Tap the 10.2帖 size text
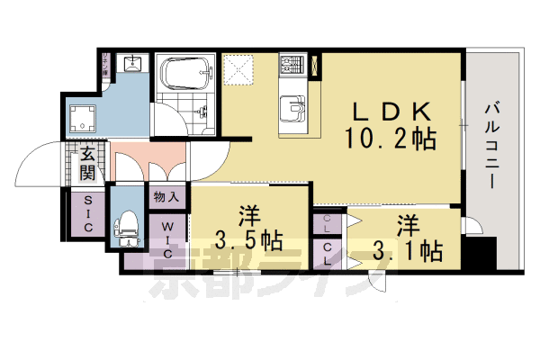[x=390, y=139]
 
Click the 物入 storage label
[x=166, y=196]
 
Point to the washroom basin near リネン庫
[x=131, y=63]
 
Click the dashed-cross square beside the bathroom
[x=240, y=70]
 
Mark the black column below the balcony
[x=487, y=254]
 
